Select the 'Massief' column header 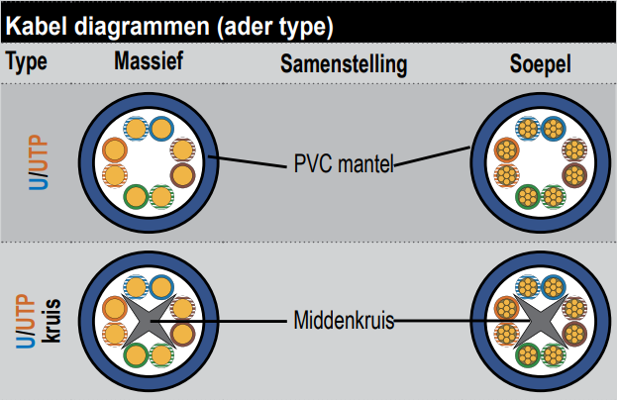coord(149,62)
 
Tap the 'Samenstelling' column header coord(344,64)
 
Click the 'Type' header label coord(27,62)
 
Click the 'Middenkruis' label coord(343,321)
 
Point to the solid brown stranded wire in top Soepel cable coord(574,175)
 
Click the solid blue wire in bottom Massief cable coord(159,286)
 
